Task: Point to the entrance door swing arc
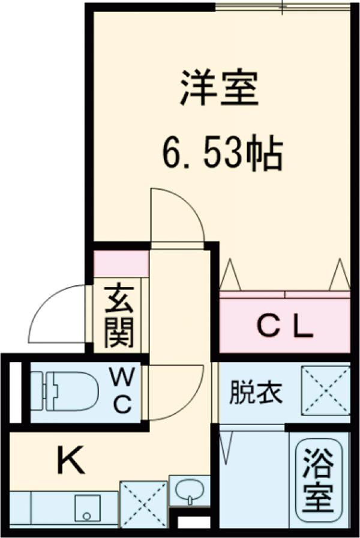[x=57, y=315]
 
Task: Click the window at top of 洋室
[x=282, y=7]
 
